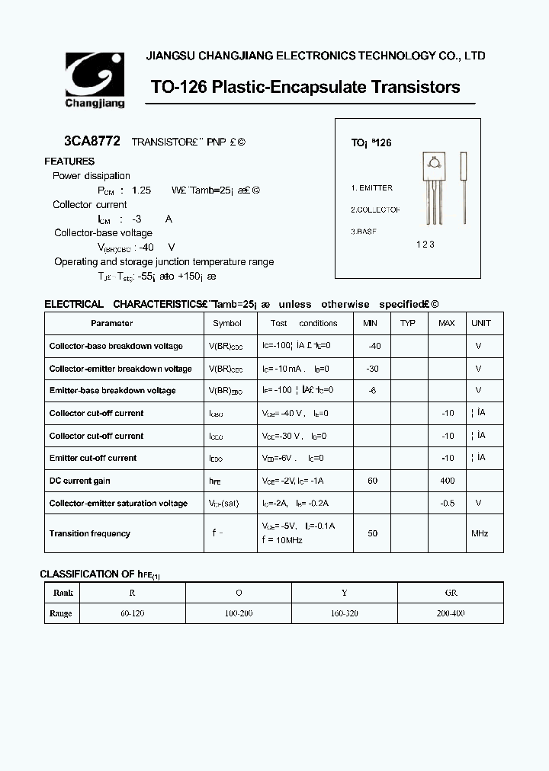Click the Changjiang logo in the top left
tap(95, 79)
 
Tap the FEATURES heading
tap(69, 162)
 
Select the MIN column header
tap(371, 323)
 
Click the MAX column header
tap(447, 323)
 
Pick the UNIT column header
tap(481, 323)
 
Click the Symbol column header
tap(227, 323)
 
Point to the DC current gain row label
tap(80, 481)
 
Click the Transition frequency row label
tap(90, 533)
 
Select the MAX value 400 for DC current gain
tap(448, 481)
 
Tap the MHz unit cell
tap(479, 533)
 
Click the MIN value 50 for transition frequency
tap(373, 533)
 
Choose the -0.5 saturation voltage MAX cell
tap(448, 503)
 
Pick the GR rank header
tap(451, 593)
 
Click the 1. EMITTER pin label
tap(372, 187)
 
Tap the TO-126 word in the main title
tap(179, 87)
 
